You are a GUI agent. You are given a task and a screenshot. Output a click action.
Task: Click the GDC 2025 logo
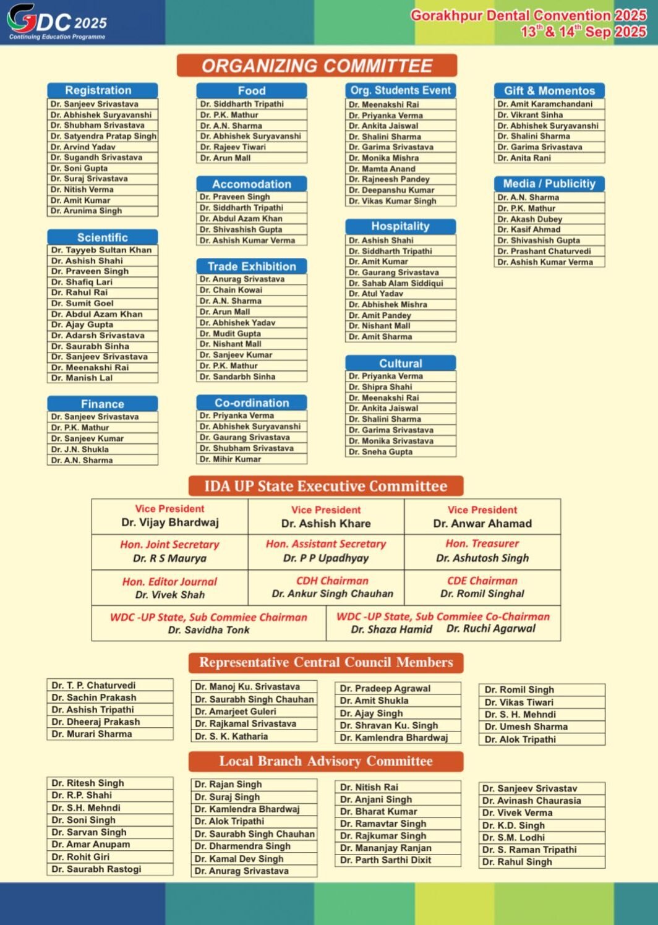click(57, 22)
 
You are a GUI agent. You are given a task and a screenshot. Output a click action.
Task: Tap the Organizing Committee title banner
click(317, 66)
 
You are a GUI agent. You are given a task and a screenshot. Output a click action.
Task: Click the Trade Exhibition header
click(252, 266)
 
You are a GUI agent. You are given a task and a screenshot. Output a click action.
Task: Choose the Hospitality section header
click(400, 226)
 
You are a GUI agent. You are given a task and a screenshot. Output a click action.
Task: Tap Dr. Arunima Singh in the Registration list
click(87, 211)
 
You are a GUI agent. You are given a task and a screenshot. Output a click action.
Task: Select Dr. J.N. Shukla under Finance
click(80, 450)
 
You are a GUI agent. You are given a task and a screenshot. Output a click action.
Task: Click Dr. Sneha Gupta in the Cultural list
click(380, 452)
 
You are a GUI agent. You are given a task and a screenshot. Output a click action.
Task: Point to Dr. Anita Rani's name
click(524, 158)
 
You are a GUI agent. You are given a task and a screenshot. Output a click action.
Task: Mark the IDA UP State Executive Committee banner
click(326, 486)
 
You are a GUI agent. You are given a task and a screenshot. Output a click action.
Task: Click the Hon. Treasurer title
click(482, 543)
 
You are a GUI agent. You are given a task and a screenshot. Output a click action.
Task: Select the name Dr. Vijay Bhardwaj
click(170, 522)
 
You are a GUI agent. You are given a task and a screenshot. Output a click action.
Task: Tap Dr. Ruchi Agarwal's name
click(491, 629)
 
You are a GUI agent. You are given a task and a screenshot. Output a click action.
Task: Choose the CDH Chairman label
click(332, 581)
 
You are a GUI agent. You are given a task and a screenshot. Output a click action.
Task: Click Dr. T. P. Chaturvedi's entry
click(93, 685)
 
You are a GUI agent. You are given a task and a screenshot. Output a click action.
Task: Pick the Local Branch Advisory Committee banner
click(326, 761)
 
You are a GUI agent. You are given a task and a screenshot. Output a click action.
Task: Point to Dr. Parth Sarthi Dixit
click(386, 860)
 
